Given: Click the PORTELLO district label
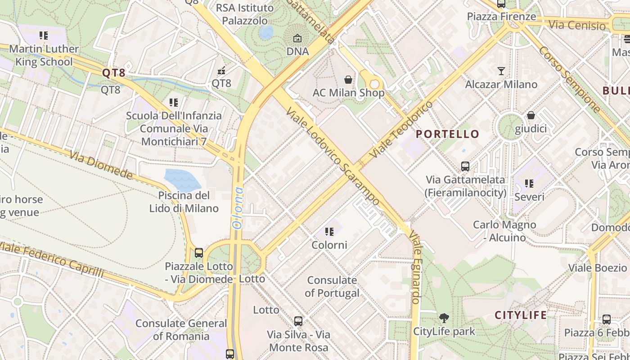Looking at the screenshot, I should [447, 134].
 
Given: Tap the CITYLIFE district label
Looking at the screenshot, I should [521, 315].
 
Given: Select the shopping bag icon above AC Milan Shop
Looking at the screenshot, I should [348, 80].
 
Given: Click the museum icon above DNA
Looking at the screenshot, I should [297, 39].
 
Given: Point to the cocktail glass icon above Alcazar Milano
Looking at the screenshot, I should [501, 71].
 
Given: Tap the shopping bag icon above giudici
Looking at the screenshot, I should [531, 116].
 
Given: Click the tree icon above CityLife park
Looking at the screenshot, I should [444, 318].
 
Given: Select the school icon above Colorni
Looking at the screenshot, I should [329, 232].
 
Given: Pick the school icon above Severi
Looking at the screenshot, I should [529, 184].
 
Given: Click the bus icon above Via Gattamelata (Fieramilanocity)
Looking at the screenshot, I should [465, 166].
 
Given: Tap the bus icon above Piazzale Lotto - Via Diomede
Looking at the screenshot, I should [199, 253].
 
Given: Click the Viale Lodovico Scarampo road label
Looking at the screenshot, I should [333, 157].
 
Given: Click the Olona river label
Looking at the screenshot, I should [238, 208].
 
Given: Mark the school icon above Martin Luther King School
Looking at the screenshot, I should [44, 35].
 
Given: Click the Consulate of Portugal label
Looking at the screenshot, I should [332, 287].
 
